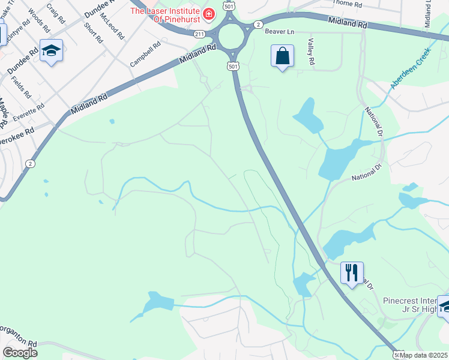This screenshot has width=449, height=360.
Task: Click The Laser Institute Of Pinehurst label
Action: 166,14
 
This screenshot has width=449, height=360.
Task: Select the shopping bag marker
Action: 282,57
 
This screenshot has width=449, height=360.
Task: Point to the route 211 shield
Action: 200,34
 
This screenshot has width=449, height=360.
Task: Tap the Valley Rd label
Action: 311,52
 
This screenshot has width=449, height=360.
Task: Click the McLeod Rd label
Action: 112,25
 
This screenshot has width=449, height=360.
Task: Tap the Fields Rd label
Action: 24,86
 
